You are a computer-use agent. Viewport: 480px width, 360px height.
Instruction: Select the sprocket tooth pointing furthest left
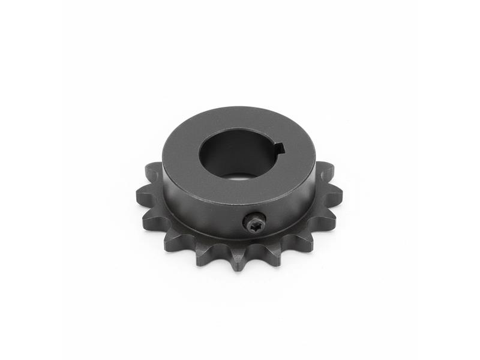[143, 194]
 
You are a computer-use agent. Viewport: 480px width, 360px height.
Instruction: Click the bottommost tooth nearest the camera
[238, 262]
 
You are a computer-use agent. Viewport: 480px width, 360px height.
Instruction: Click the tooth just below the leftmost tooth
[150, 220]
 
